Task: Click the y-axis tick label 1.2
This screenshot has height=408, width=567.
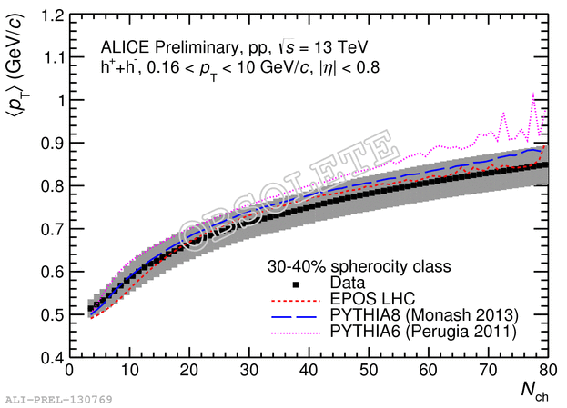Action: tap(49, 16)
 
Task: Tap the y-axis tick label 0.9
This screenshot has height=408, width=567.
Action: tap(49, 144)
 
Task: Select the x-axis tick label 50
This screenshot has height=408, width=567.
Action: tap(368, 371)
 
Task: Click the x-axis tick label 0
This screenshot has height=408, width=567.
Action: tap(69, 371)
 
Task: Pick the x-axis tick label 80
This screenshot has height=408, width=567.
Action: tap(546, 371)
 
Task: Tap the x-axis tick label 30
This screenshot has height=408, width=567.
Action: tap(248, 371)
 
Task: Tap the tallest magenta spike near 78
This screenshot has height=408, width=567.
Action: tap(532, 94)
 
